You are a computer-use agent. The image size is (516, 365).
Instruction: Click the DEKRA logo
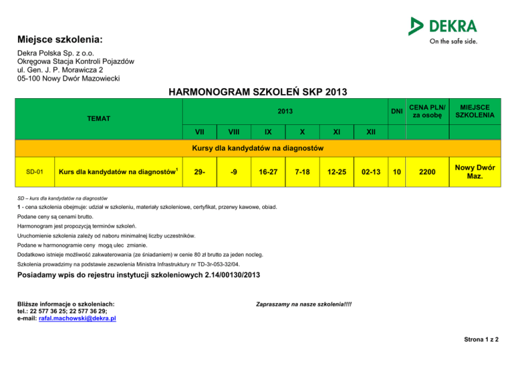coord(443,30)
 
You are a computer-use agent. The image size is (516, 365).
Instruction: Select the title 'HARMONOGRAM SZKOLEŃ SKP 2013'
coord(257,91)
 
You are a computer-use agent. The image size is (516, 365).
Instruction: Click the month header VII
coord(200,131)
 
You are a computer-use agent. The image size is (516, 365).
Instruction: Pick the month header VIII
coord(233,131)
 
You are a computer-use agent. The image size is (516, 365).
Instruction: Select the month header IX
coord(268,131)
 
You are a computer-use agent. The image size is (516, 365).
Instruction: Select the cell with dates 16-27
coord(268,173)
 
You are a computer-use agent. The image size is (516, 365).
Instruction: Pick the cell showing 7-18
coord(302,173)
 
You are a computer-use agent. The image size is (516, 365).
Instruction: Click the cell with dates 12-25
coord(336,173)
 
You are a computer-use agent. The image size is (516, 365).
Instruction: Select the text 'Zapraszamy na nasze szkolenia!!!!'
coord(304,305)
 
